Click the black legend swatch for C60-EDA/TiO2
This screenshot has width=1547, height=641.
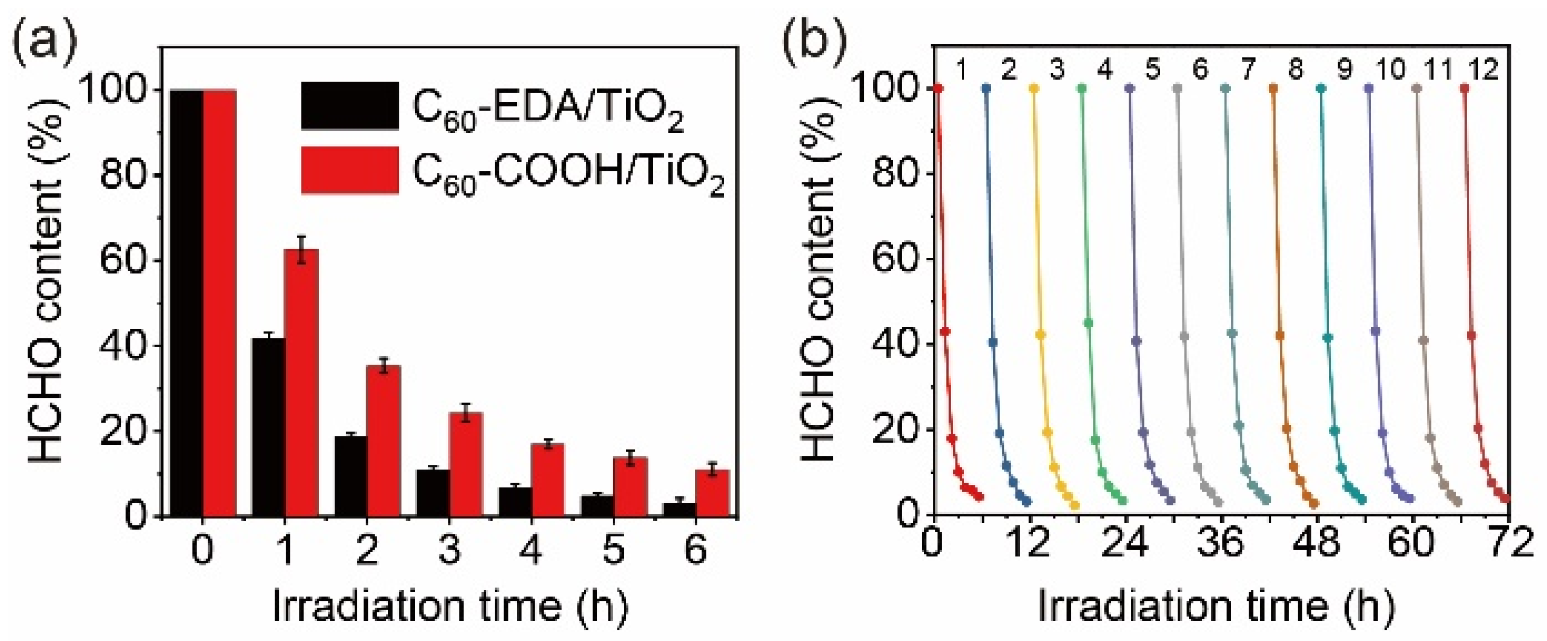[350, 106]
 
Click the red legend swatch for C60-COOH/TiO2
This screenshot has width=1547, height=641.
[350, 170]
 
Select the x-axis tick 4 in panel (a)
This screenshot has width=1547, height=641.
[531, 549]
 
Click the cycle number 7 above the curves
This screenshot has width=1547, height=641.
[1248, 70]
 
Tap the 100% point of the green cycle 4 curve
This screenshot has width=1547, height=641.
[1082, 88]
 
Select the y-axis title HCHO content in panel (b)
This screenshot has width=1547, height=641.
[820, 282]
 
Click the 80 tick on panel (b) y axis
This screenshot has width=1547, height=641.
[894, 173]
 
